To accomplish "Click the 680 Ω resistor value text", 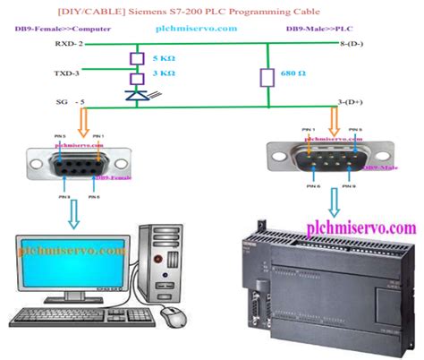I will point(293,75).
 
